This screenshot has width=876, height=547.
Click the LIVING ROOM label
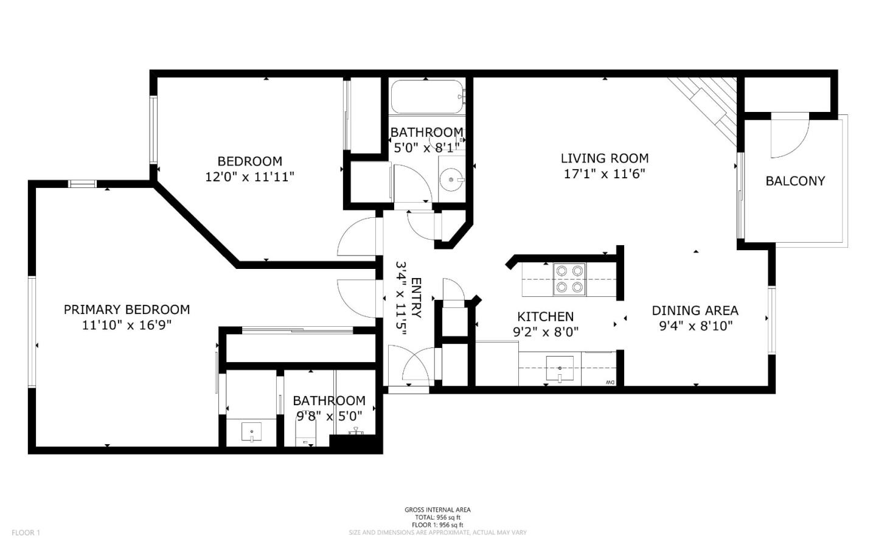(x=604, y=158)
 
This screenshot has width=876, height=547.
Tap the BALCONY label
(x=795, y=181)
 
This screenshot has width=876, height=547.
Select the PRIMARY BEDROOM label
(x=127, y=310)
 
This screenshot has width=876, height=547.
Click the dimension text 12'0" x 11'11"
(x=249, y=177)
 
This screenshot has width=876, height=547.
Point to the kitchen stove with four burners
(x=569, y=279)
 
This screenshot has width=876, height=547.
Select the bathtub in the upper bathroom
(x=426, y=97)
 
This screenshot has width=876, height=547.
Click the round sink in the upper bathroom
(x=451, y=179)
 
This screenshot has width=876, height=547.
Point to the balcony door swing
(x=789, y=135)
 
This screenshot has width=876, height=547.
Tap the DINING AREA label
(x=695, y=310)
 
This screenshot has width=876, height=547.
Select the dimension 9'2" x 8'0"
(x=545, y=332)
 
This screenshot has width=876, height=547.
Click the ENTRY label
(x=417, y=298)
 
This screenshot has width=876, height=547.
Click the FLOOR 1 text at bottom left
(x=26, y=533)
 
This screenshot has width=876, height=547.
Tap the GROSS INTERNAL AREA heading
(x=437, y=510)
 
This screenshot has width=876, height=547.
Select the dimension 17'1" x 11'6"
(x=604, y=173)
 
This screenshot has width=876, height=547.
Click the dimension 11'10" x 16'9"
(x=127, y=326)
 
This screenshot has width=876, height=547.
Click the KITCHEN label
(x=545, y=316)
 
